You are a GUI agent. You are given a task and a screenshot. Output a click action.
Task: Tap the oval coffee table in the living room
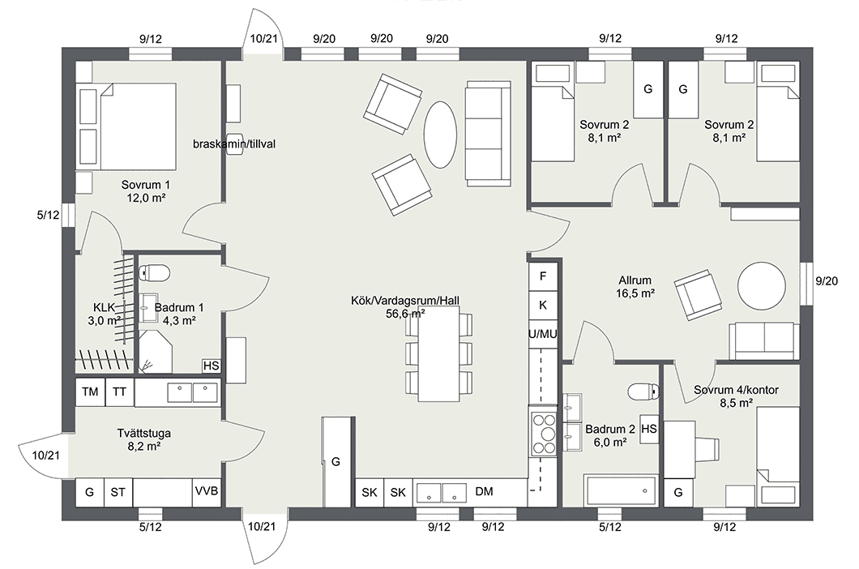(440, 134)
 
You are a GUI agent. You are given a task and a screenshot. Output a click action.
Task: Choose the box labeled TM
(90, 392)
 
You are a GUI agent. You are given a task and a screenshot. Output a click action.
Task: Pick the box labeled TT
(119, 392)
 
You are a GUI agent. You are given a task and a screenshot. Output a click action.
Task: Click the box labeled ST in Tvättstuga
(118, 492)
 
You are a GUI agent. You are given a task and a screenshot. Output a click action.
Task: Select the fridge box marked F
(543, 276)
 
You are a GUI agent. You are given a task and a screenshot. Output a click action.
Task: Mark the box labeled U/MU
(543, 333)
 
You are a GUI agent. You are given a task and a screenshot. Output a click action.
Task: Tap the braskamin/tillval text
(235, 143)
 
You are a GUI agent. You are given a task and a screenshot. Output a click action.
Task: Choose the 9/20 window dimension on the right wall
(827, 281)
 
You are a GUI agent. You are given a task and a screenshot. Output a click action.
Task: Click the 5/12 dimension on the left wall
(49, 216)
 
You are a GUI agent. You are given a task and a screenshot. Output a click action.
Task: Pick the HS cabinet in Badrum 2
(648, 428)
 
